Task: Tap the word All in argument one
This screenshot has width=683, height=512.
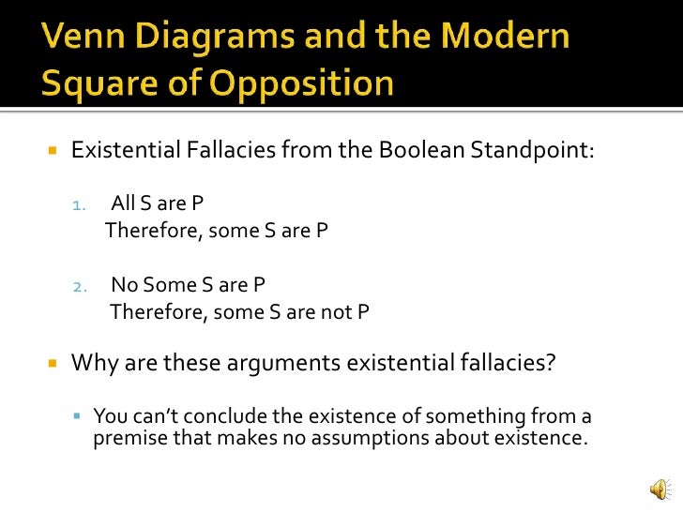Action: pyautogui.click(x=123, y=203)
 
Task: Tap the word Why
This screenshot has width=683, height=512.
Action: pyautogui.click(x=92, y=362)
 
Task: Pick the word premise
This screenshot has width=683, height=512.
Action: pyautogui.click(x=129, y=437)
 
